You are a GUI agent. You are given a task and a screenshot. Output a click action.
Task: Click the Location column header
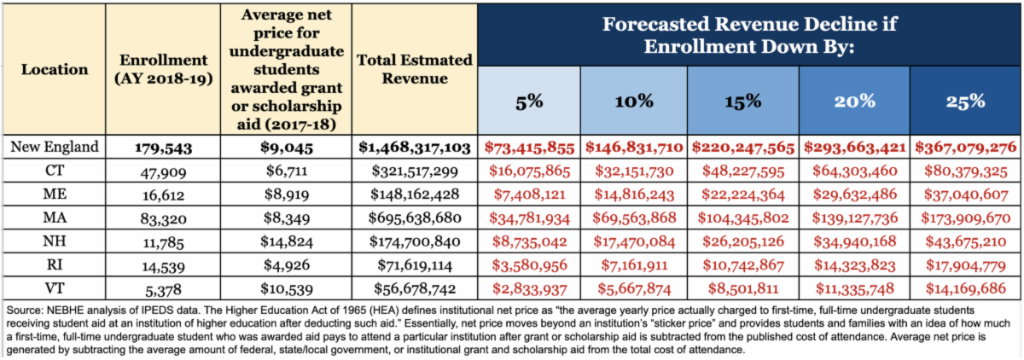point(53,68)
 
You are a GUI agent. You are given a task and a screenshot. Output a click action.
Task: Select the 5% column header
point(529,101)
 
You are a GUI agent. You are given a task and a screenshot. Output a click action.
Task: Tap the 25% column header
point(965,101)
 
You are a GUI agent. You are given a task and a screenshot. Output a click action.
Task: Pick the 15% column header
point(743,101)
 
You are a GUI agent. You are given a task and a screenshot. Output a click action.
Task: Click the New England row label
point(53,147)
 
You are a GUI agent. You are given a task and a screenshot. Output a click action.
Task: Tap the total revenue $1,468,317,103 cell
point(415,148)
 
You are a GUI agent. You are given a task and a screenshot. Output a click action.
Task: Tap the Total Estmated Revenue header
point(415,69)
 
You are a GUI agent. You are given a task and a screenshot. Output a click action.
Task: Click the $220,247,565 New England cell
point(743,148)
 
